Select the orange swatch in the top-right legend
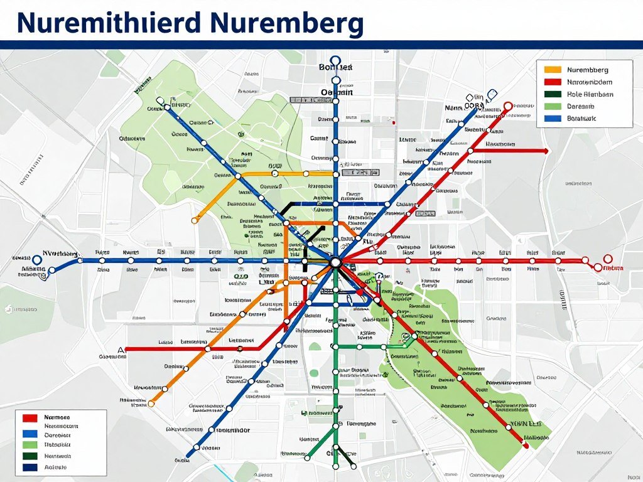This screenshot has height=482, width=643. coord(553,70)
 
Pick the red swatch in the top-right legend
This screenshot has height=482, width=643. coord(553,82)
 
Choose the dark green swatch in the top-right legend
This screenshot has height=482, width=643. coord(553,94)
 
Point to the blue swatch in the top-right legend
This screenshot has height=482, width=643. coord(553,118)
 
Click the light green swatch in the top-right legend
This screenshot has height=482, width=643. coord(553,106)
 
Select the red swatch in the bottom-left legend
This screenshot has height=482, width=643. coord(30,417)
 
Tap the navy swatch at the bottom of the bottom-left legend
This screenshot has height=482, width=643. coord(30,468)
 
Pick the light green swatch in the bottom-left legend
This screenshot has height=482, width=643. coord(30,444)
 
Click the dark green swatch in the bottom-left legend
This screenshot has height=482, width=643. coord(30,456)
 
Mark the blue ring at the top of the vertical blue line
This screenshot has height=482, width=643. coord(335,62)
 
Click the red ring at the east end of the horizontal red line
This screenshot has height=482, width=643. coord(607,259)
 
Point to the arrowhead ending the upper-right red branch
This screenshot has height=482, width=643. coord(546,151)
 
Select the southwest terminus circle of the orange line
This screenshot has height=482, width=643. coord(151,404)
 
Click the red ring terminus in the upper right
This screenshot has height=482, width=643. coord(508,106)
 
